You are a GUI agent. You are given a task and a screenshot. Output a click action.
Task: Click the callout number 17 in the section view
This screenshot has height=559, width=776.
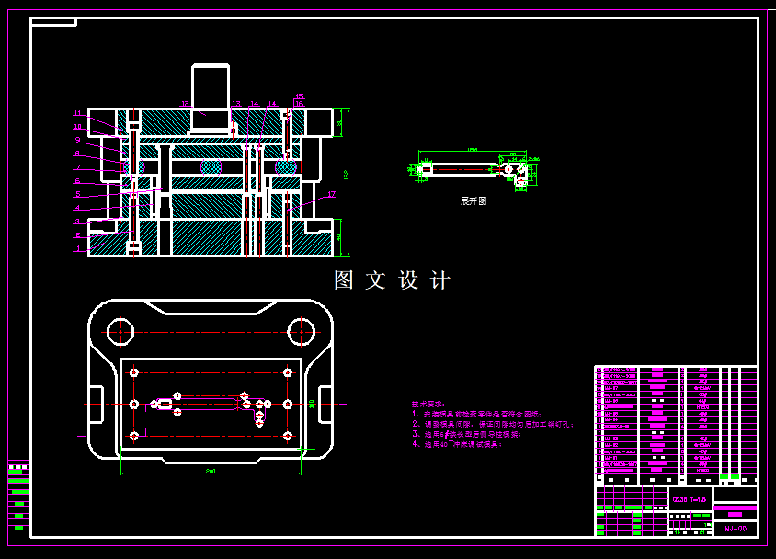click(331, 194)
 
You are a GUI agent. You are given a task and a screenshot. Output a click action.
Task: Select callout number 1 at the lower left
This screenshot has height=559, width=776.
click(78, 248)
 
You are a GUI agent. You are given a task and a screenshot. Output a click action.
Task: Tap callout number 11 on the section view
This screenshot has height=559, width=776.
click(78, 113)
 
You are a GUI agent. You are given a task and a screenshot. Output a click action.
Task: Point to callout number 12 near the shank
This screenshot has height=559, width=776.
click(185, 104)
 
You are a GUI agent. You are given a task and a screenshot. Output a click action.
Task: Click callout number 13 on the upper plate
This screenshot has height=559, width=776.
click(236, 104)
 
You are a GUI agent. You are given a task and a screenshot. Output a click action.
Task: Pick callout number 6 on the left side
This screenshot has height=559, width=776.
click(78, 181)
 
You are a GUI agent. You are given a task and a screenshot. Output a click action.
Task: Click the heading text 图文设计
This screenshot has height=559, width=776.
click(393, 280)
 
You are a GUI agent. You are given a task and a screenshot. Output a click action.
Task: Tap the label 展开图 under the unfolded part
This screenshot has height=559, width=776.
click(474, 200)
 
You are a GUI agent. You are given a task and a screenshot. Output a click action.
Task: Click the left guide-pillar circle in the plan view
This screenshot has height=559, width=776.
click(120, 331)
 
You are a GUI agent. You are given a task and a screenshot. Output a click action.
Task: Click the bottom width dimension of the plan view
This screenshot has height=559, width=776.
click(211, 471)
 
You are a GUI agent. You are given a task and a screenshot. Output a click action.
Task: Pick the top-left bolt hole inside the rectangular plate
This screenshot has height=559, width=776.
click(134, 372)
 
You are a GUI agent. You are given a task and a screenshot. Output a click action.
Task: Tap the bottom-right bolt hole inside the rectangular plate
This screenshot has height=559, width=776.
click(288, 435)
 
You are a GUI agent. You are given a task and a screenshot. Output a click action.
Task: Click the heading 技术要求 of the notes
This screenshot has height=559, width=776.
click(427, 404)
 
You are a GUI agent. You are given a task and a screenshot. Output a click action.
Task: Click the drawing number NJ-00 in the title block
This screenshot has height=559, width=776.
click(735, 529)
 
